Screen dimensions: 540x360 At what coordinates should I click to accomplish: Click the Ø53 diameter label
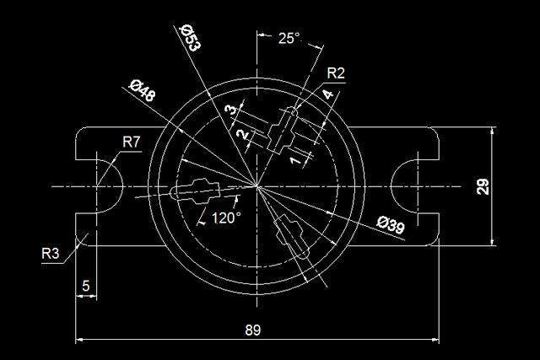pos(190,37)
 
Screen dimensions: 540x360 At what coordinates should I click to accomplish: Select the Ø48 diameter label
pos(143,90)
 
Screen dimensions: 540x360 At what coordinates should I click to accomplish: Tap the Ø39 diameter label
pos(391,225)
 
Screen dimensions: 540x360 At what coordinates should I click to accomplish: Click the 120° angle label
pos(226,218)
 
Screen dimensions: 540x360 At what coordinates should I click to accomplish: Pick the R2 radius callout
pos(336,73)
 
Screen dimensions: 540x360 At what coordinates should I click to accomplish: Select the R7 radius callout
pos(132,142)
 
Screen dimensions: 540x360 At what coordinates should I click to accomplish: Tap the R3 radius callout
pos(51,254)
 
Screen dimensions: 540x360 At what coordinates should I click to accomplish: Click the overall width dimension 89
pos(253,330)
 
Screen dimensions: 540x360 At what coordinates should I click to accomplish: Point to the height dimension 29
pos(483,186)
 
